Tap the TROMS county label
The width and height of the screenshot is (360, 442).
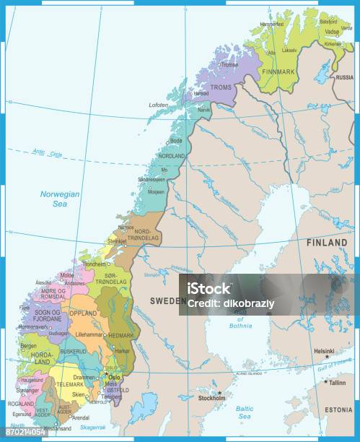(221, 88)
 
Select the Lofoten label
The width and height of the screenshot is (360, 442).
(159, 105)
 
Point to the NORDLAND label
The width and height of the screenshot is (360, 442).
(172, 156)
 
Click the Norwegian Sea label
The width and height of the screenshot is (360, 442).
(58, 199)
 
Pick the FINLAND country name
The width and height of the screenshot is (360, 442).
(327, 243)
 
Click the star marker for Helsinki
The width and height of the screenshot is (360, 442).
(326, 356)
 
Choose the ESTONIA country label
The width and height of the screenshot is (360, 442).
(338, 409)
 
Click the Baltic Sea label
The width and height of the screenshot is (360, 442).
(245, 412)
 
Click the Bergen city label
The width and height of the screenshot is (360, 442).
(27, 346)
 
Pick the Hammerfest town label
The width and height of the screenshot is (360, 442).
(272, 24)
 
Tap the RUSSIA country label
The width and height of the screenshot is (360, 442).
(345, 77)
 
